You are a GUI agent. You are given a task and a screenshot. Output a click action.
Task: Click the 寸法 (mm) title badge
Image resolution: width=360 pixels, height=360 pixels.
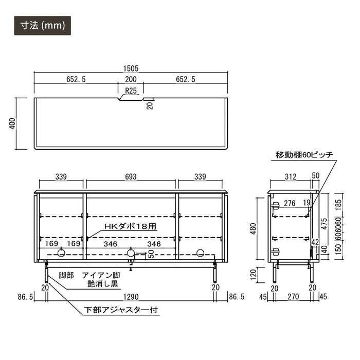pyautogui.click(x=43, y=26)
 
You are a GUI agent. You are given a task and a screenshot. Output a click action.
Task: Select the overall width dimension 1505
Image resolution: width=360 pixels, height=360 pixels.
pyautogui.click(x=131, y=68)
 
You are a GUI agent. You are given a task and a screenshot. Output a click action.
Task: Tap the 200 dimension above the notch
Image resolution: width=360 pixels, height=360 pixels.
pyautogui.click(x=131, y=79)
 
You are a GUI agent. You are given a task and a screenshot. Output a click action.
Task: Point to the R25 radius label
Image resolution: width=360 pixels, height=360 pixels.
pyautogui.click(x=131, y=91)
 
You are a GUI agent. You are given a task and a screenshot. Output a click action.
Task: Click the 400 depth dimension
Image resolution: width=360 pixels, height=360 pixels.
pyautogui.click(x=12, y=123)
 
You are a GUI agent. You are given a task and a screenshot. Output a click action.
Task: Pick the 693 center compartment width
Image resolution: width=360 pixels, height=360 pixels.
pyautogui.click(x=131, y=177)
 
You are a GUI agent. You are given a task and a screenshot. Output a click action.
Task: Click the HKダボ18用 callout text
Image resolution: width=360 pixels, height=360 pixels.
pyautogui.click(x=131, y=227)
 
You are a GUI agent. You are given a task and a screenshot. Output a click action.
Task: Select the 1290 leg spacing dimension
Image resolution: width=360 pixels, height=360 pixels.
pyautogui.click(x=131, y=297)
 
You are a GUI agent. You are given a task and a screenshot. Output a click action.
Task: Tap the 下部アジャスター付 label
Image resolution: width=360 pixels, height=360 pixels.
pyautogui.click(x=121, y=310)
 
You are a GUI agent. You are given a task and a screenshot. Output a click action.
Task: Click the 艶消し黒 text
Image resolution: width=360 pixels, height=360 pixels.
pyautogui.click(x=103, y=284)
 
